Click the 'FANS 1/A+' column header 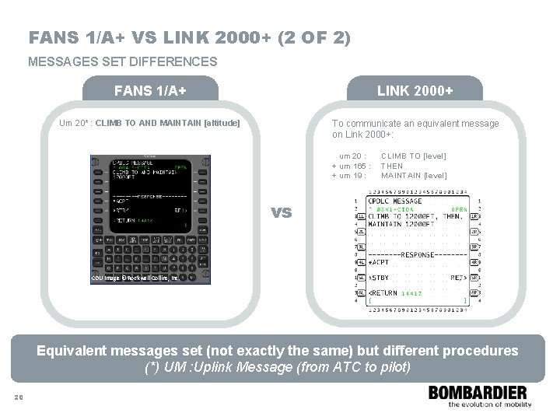tap(149, 91)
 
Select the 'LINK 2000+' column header tap(415, 91)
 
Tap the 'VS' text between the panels tap(281, 212)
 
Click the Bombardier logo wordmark tap(477, 393)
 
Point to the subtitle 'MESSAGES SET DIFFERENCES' tap(123, 61)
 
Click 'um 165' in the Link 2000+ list tap(351, 166)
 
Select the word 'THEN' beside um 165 tap(393, 166)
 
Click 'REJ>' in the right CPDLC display tap(459, 277)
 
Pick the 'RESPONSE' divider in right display tap(418, 254)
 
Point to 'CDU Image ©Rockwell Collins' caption tap(135, 278)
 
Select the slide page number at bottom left tap(19, 397)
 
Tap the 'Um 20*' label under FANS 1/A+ tap(76, 123)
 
